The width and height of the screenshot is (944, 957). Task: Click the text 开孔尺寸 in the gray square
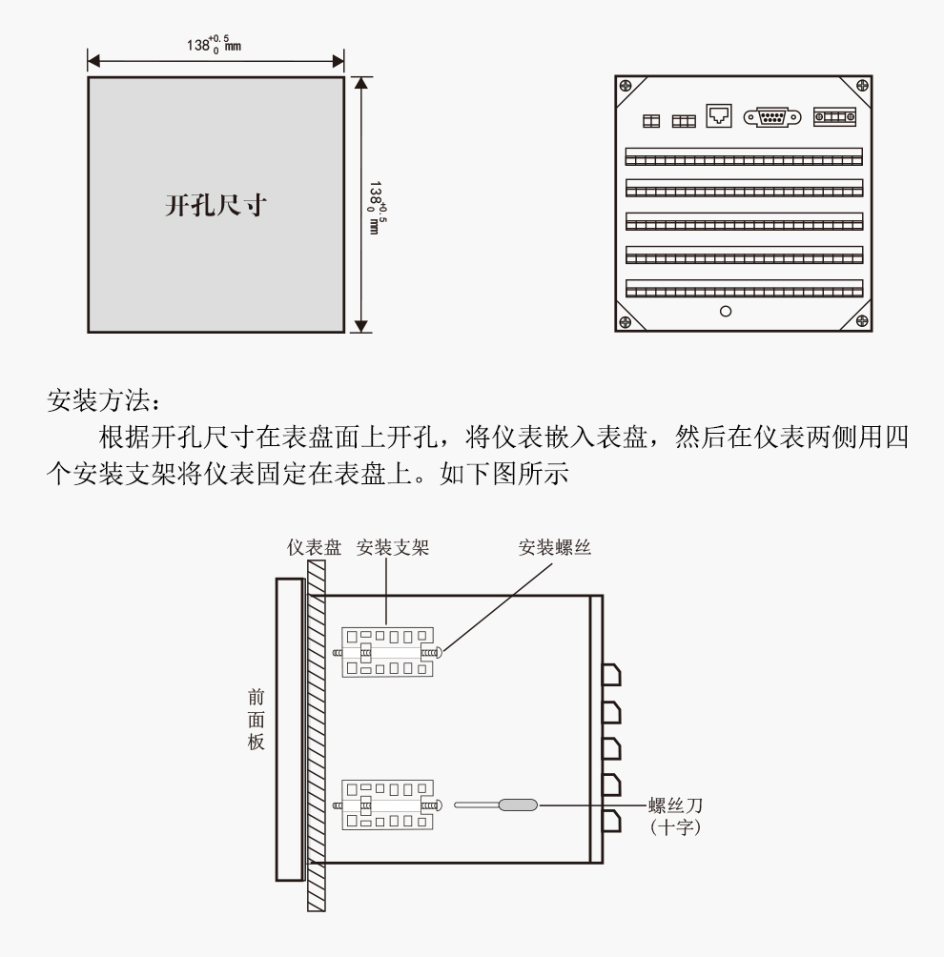215,206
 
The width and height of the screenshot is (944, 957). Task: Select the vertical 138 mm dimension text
380,206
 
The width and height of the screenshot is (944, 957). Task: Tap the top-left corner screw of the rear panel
626,86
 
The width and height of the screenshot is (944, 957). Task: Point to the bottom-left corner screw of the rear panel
626,321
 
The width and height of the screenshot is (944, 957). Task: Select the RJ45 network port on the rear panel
719,116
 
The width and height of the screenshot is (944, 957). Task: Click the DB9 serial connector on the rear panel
770,118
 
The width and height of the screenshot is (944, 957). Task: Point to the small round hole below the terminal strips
726,312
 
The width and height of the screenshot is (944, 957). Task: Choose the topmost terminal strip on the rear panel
744,156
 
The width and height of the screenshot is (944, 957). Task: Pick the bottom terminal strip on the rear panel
744,288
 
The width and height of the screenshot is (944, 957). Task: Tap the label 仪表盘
314,548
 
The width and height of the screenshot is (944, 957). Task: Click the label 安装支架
387,548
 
